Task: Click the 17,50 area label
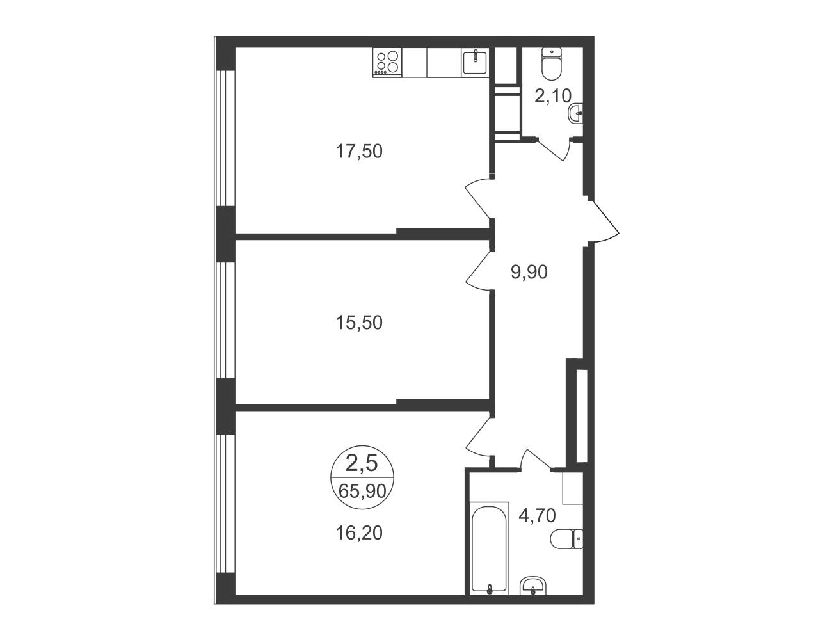coord(359,152)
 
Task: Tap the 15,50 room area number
coord(359,323)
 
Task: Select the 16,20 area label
coord(359,533)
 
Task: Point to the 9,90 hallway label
coord(529,272)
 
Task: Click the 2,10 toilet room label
coord(552,96)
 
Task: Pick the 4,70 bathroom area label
coord(537,516)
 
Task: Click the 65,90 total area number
coord(362,492)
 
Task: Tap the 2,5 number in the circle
coord(362,463)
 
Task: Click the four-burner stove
coord(387,63)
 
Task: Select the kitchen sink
coord(475,62)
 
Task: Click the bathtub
coord(489,554)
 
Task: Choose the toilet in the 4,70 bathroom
coord(566,540)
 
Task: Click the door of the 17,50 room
coord(479,199)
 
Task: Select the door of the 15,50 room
coord(479,270)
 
